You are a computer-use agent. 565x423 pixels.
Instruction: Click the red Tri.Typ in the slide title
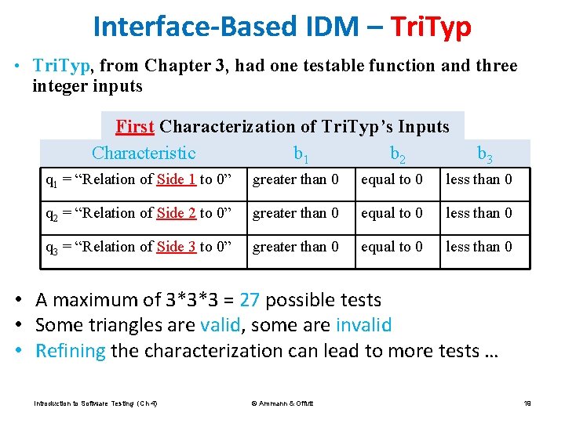pos(430,27)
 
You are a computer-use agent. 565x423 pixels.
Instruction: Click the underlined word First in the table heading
pos(134,126)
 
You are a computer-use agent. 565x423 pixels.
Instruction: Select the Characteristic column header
pos(144,153)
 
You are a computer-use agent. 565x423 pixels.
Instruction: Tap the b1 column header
pos(301,154)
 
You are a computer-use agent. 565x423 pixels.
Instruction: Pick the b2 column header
pos(397,154)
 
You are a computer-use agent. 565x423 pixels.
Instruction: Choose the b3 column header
pos(484,154)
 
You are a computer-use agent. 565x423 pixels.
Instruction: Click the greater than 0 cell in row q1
pos(295,179)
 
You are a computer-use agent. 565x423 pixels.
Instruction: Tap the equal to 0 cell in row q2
pos(392,213)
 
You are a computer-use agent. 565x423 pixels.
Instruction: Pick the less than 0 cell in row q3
pos(479,247)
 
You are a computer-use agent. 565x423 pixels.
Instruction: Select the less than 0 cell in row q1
pos(479,179)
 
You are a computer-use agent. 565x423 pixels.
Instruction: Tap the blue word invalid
pos(363,325)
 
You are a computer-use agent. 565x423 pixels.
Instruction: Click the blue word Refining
pos(71,350)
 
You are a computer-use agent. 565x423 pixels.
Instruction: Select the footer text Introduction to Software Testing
pos(96,403)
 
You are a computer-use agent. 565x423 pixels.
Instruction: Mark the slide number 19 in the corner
pos(527,403)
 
